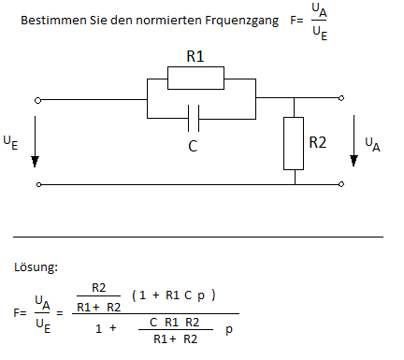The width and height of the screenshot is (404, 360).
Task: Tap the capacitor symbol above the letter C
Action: [194, 119]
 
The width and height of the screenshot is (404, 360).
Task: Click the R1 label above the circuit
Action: [195, 56]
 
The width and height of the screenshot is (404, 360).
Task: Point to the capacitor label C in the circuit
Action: [193, 146]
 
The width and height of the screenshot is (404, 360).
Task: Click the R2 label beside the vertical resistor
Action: [318, 142]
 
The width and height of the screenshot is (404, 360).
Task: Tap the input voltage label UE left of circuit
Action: [10, 143]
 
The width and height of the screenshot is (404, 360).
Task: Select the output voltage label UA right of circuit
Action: [372, 145]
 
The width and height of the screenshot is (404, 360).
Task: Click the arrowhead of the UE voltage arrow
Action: [35, 162]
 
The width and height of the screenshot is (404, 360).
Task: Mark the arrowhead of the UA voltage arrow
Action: [353, 161]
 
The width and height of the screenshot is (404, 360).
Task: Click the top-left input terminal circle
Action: [37, 100]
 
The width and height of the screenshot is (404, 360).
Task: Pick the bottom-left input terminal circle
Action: [38, 184]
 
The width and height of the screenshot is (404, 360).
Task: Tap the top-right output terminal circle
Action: [341, 98]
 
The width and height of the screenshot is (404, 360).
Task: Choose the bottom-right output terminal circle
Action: [341, 184]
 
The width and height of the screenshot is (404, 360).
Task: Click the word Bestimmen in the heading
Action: [53, 21]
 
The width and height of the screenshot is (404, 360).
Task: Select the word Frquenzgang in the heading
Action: [242, 22]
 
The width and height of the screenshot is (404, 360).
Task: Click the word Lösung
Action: [36, 267]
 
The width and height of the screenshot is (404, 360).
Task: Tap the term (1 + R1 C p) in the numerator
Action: [174, 295]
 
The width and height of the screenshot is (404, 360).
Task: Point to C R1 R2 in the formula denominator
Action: [174, 322]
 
